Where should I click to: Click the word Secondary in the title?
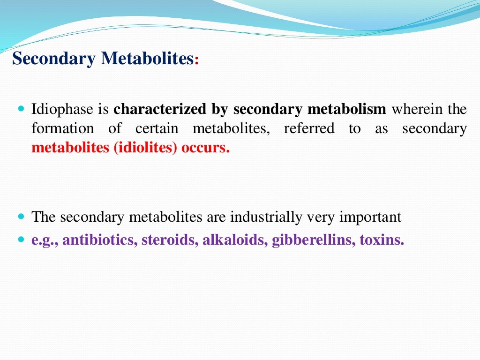click(x=53, y=59)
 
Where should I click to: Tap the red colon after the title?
click(x=196, y=60)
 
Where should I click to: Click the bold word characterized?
click(x=160, y=109)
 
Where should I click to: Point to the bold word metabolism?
click(x=347, y=109)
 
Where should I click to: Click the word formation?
click(x=63, y=128)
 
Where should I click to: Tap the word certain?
click(x=157, y=128)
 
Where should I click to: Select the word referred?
click(x=309, y=128)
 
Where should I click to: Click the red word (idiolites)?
click(x=145, y=148)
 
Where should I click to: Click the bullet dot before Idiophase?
click(x=21, y=108)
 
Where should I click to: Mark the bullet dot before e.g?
click(x=21, y=239)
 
